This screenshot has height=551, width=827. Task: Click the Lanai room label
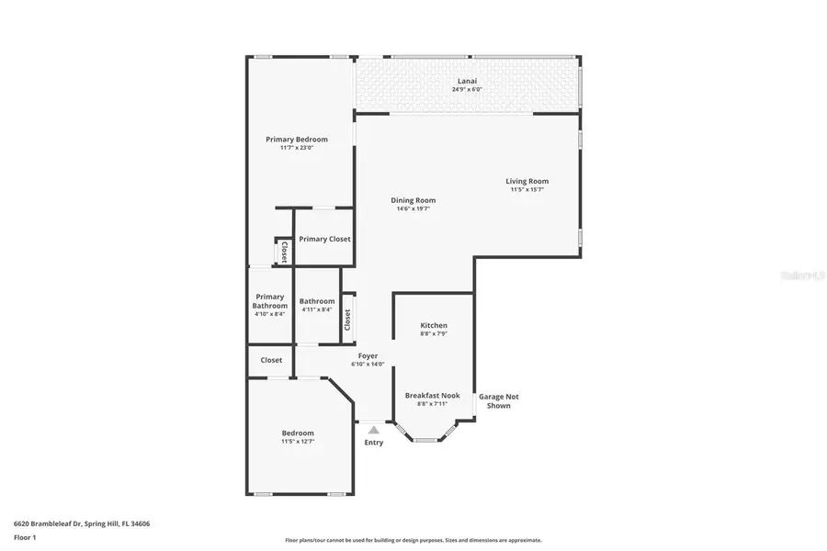(x=468, y=81)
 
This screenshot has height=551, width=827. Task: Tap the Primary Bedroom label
(x=297, y=140)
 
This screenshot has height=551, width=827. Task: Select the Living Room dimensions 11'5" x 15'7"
(x=527, y=190)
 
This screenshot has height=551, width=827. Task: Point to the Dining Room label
(x=413, y=200)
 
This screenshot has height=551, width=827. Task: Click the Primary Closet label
(x=324, y=239)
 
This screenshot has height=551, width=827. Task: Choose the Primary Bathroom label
(x=270, y=301)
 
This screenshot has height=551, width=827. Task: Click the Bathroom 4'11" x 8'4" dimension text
(x=317, y=309)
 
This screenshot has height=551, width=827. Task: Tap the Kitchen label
(x=434, y=326)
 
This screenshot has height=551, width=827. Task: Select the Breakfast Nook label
(x=432, y=396)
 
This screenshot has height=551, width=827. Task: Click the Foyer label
(x=368, y=356)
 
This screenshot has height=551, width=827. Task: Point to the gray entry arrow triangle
(x=373, y=428)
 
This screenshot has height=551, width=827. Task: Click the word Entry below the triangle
(x=373, y=443)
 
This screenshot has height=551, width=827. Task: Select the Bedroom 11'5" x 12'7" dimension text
(x=297, y=442)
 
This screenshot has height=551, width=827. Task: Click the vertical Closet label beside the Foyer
(x=347, y=320)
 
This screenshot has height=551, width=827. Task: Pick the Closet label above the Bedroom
(x=271, y=361)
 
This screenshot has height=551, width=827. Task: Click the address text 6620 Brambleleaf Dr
(x=82, y=523)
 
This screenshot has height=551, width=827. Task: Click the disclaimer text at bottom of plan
(x=413, y=540)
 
